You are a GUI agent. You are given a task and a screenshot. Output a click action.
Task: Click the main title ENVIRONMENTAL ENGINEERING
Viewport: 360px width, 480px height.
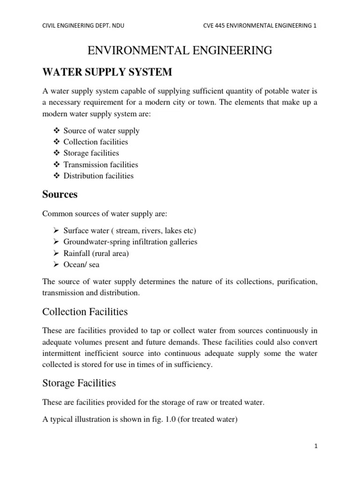(180, 50)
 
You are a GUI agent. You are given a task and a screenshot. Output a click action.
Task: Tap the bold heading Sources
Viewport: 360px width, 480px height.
(60, 194)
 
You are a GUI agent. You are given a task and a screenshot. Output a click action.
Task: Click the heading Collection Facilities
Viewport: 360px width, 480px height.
(85, 312)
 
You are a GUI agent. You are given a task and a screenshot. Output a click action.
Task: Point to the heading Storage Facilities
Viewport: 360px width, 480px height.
(79, 383)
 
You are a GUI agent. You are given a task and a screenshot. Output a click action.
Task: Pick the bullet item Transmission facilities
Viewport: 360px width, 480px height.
(101, 165)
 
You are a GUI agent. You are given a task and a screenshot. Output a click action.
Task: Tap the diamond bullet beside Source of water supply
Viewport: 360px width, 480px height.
(57, 131)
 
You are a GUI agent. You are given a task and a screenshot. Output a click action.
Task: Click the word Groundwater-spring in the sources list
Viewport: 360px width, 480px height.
(95, 242)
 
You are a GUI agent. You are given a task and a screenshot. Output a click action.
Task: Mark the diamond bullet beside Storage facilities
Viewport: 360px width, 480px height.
(57, 153)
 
